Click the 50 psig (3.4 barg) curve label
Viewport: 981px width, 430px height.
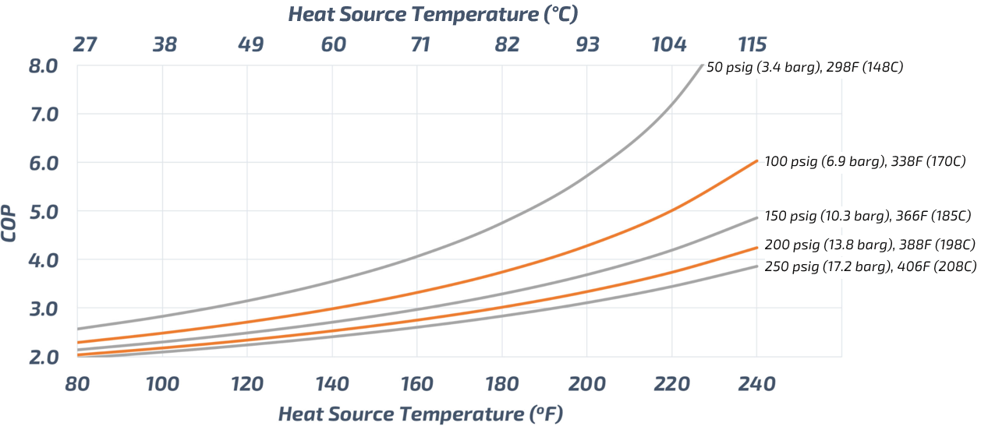point(804,68)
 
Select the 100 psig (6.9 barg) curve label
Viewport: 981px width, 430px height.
point(866,162)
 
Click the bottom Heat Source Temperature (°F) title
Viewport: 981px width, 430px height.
point(420,414)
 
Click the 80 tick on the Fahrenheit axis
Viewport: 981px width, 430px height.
point(78,384)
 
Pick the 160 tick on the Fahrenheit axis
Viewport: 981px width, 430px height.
point(417,384)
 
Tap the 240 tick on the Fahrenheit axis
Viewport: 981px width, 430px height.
point(756,384)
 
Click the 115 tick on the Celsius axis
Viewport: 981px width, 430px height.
point(753,44)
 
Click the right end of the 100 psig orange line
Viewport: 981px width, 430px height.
point(756,160)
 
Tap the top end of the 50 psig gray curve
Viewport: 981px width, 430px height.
point(702,65)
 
